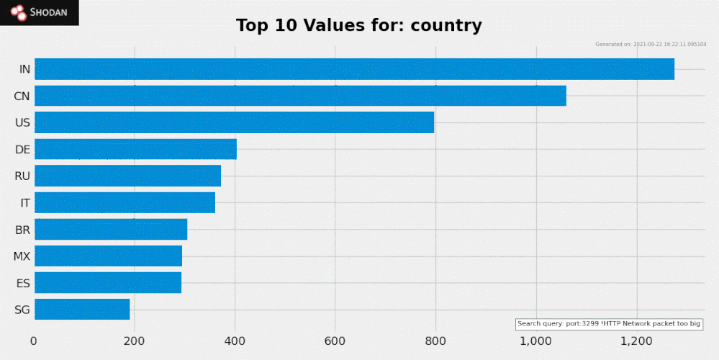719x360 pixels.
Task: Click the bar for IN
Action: click(354, 69)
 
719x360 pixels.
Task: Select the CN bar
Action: click(300, 96)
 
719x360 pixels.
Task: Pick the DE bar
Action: click(135, 149)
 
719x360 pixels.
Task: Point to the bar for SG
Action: click(82, 309)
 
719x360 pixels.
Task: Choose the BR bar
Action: click(111, 229)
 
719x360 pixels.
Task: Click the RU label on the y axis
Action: click(22, 176)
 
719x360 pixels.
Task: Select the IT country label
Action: click(24, 203)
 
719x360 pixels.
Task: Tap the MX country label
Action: click(22, 256)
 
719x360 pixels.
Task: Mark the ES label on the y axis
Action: click(23, 283)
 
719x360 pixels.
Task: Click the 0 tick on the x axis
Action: click(34, 341)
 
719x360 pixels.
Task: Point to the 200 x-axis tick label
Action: click(135, 341)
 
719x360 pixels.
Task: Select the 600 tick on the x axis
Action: click(335, 341)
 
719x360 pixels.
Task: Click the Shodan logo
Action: click(39, 12)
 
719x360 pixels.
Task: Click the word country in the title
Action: click(446, 26)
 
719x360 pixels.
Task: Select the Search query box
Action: click(609, 324)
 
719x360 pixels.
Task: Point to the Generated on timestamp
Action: click(651, 45)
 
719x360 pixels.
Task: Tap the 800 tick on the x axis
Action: click(435, 341)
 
